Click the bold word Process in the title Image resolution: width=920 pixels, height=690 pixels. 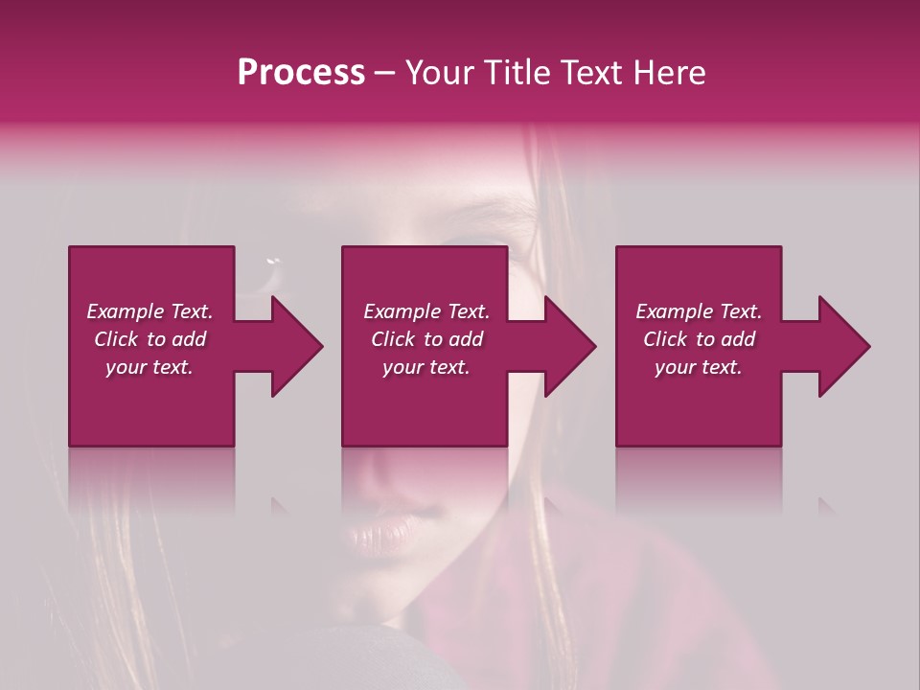(x=301, y=73)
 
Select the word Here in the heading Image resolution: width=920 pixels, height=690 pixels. (x=669, y=73)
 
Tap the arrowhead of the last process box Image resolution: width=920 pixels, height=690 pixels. (x=842, y=346)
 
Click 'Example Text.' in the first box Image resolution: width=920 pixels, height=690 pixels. (x=149, y=311)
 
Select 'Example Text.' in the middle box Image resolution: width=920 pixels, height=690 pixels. (x=426, y=311)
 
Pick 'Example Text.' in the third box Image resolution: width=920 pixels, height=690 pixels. (x=699, y=311)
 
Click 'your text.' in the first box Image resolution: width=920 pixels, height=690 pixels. (x=149, y=367)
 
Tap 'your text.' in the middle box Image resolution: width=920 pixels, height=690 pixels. (x=426, y=367)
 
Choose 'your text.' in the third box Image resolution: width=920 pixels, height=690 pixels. (x=699, y=367)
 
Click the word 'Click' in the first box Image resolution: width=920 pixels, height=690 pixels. (x=116, y=339)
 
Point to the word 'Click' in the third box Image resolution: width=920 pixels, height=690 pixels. (x=666, y=339)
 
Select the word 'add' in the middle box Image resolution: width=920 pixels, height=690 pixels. (x=466, y=339)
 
